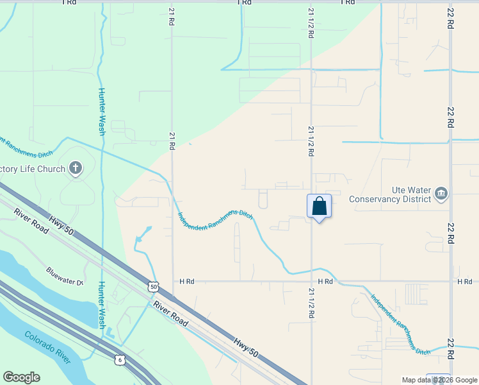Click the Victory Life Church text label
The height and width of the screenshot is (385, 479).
click(x=33, y=169)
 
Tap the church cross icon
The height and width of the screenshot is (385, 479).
click(x=76, y=169)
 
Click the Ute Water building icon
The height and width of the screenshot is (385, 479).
click(x=441, y=193)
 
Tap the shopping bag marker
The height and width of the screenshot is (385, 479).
click(x=319, y=207)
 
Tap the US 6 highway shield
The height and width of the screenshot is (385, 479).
click(x=120, y=360)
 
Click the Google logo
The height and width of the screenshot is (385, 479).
click(x=21, y=377)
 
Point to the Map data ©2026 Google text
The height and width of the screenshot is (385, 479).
click(x=439, y=380)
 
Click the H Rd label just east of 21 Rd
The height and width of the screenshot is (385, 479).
click(x=186, y=281)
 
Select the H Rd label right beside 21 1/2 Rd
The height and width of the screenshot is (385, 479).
click(x=325, y=281)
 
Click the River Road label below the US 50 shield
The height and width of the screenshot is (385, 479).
click(x=170, y=313)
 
